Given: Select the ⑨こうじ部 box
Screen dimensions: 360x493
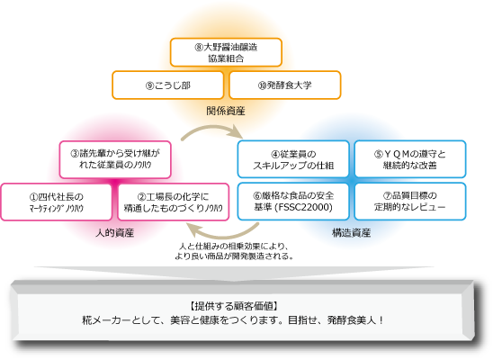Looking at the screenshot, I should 166,85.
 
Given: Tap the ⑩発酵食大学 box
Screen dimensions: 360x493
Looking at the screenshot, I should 283,85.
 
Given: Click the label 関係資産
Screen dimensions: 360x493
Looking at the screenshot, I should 226,112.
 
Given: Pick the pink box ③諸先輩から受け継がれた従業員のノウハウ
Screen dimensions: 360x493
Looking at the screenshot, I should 115,159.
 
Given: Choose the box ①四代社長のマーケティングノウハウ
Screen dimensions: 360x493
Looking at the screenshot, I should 58,203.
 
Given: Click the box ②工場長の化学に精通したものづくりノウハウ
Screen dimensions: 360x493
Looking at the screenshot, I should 174,203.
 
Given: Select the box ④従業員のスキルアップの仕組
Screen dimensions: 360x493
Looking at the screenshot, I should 292,159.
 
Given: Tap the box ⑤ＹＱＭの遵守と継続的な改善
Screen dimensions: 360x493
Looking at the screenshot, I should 410,159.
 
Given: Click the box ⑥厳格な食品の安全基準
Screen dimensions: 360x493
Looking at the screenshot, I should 292,203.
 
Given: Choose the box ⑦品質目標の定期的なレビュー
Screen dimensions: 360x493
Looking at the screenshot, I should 410,203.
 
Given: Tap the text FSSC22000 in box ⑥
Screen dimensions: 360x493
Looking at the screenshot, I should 307,211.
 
